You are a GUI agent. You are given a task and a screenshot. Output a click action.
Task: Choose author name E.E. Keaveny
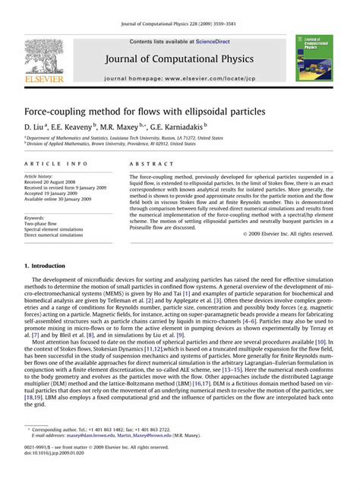(x=75, y=127)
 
